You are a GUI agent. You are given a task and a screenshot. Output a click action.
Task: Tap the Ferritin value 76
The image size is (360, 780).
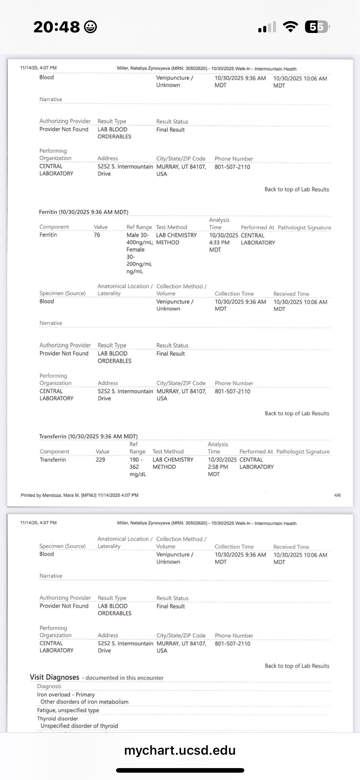click(x=97, y=235)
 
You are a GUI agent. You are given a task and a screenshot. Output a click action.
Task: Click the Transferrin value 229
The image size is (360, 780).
click(x=100, y=460)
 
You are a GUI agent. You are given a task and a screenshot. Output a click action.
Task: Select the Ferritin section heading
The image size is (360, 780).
click(x=83, y=212)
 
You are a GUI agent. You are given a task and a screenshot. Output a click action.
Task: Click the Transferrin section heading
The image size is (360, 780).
click(x=88, y=436)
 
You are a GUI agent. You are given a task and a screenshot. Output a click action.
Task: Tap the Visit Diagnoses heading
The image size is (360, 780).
click(x=54, y=677)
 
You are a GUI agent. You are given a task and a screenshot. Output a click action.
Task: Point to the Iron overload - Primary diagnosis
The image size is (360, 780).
click(x=66, y=695)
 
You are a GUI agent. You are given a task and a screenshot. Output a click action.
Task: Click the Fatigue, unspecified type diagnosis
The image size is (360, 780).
click(x=68, y=710)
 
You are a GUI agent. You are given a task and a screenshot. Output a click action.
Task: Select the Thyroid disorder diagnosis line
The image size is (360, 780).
click(x=57, y=719)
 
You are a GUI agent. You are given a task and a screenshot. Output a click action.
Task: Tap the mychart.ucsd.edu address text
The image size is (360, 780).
click(x=180, y=750)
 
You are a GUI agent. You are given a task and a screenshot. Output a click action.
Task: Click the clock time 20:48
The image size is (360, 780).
click(x=56, y=27)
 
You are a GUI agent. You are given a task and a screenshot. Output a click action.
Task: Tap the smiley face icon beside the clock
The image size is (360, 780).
click(x=90, y=27)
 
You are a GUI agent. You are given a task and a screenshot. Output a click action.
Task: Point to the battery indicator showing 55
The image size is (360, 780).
click(x=317, y=27)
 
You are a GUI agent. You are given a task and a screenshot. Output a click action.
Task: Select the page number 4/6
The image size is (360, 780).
click(x=337, y=495)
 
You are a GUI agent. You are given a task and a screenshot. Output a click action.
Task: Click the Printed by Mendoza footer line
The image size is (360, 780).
click(x=79, y=495)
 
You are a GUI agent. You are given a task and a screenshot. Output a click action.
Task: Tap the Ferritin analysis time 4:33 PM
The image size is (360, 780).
click(x=219, y=243)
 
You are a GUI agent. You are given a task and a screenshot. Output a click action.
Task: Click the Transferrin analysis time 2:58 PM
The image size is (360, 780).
click(x=218, y=467)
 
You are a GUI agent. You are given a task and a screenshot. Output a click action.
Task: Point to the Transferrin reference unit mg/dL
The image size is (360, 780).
click(x=138, y=474)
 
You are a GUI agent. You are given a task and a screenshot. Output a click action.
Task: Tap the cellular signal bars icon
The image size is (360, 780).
click(x=267, y=27)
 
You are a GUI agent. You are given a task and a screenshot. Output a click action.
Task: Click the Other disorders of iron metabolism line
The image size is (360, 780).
click(x=84, y=702)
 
